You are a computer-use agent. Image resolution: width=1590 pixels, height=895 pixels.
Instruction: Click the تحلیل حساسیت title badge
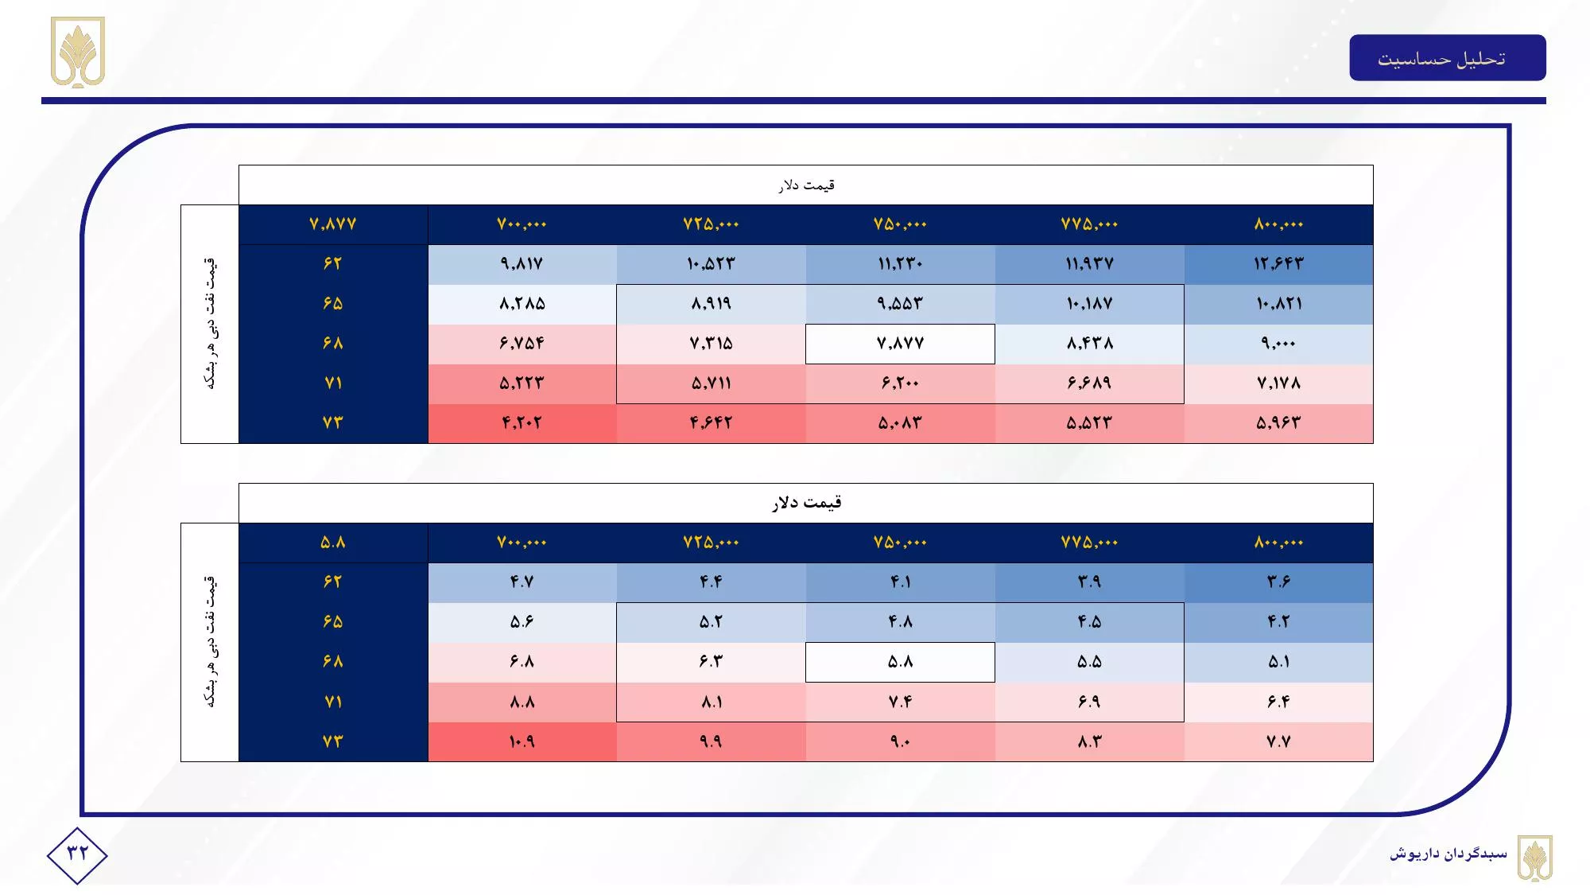tap(1447, 58)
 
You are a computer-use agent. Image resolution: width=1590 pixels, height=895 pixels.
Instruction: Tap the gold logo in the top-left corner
tap(78, 52)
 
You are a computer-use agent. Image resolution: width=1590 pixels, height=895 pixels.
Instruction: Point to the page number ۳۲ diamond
tap(77, 854)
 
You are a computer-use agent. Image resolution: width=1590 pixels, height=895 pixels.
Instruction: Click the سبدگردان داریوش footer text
tap(1448, 854)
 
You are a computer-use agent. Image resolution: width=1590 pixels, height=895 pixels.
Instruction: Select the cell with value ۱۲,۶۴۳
tap(1278, 264)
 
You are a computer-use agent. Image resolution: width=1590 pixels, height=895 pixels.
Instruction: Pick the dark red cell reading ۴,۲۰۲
tap(522, 423)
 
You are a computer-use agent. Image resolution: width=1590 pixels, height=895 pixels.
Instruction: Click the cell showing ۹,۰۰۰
tap(1278, 344)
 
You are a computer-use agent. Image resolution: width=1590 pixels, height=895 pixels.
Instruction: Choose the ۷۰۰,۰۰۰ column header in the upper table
tap(522, 224)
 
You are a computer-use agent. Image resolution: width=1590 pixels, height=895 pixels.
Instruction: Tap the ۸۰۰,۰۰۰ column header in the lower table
tap(1278, 543)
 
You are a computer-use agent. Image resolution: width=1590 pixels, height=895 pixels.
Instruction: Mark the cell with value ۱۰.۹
tap(522, 741)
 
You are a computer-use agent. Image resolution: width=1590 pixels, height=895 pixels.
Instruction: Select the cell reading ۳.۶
tap(1278, 582)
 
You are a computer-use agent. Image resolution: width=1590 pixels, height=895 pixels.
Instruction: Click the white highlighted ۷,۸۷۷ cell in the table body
tap(900, 344)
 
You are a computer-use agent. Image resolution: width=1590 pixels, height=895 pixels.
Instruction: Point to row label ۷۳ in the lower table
tap(333, 741)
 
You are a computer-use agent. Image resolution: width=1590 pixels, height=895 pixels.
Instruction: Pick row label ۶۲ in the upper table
tap(333, 264)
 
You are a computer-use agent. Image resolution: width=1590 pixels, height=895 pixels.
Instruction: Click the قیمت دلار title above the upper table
tap(805, 185)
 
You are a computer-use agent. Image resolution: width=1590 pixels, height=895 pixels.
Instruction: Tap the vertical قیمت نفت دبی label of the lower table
tap(210, 641)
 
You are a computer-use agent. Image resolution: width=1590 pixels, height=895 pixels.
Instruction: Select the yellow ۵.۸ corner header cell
tap(333, 543)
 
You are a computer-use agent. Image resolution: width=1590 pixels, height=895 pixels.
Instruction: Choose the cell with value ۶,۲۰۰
tap(900, 383)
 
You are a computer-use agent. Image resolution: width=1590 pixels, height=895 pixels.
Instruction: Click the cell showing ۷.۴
tap(900, 702)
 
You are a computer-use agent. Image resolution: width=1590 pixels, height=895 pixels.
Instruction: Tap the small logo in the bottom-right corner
tap(1534, 858)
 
